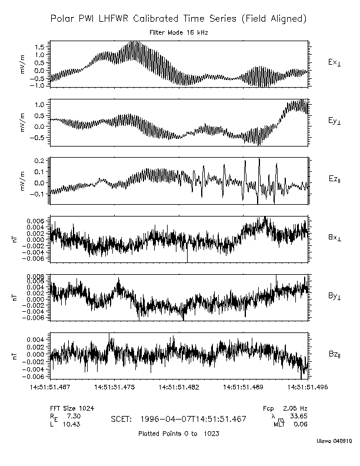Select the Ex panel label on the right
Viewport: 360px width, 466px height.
click(x=335, y=62)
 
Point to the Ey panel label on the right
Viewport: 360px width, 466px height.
click(x=335, y=120)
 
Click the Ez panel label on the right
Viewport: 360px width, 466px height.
click(x=335, y=178)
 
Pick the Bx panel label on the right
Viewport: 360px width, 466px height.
click(x=335, y=237)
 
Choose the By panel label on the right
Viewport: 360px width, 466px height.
click(x=335, y=295)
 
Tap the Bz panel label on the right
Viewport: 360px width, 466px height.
click(x=335, y=354)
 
